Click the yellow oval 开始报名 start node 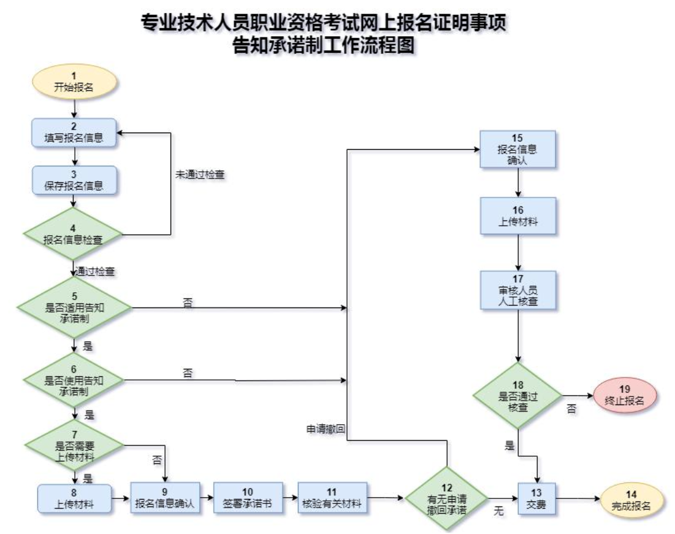(x=74, y=82)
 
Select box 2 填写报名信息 (x=74, y=133)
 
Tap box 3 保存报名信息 (x=74, y=180)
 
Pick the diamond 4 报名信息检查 (x=73, y=234)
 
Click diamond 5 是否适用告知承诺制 (x=74, y=308)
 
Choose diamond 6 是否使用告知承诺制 (x=74, y=380)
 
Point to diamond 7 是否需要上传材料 (x=74, y=445)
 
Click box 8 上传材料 (x=74, y=498)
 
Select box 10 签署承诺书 (x=248, y=498)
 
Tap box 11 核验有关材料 (x=332, y=498)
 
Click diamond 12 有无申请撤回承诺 (x=447, y=498)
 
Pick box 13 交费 (x=536, y=498)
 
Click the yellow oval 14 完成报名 (x=631, y=500)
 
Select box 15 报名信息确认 (x=518, y=149)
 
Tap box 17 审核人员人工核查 (x=518, y=290)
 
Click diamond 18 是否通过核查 (x=518, y=396)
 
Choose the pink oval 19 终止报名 (x=625, y=395)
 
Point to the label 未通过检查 (x=200, y=174)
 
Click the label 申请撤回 (x=326, y=429)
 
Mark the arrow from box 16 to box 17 (x=518, y=252)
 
